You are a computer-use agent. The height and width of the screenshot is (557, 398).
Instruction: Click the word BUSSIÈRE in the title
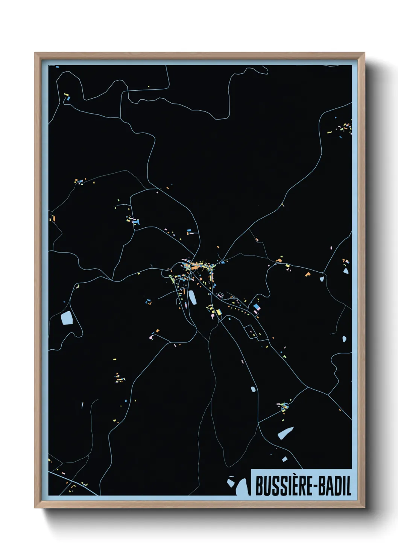[283, 486]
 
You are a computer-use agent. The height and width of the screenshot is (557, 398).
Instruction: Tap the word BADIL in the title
[334, 486]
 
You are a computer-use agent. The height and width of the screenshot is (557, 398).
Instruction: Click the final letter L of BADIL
[348, 486]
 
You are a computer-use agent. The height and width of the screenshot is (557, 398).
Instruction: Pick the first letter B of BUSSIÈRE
[259, 486]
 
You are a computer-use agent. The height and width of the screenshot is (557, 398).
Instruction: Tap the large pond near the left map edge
[67, 318]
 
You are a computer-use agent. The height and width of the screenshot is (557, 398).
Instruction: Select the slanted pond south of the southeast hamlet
[286, 433]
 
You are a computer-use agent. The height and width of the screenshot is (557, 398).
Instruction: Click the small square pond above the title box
[284, 459]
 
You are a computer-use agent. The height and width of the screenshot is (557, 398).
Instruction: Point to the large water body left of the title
[242, 488]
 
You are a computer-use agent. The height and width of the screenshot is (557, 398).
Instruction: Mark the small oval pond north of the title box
[253, 389]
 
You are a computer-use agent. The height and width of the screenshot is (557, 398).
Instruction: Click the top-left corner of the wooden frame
[35, 53]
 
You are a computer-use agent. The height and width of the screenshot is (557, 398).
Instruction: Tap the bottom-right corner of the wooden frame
[364, 507]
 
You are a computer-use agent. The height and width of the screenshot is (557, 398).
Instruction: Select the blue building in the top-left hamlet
[68, 98]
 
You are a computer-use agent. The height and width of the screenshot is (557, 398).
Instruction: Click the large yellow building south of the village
[218, 312]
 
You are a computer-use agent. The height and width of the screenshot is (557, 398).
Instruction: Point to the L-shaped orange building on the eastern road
[308, 274]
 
